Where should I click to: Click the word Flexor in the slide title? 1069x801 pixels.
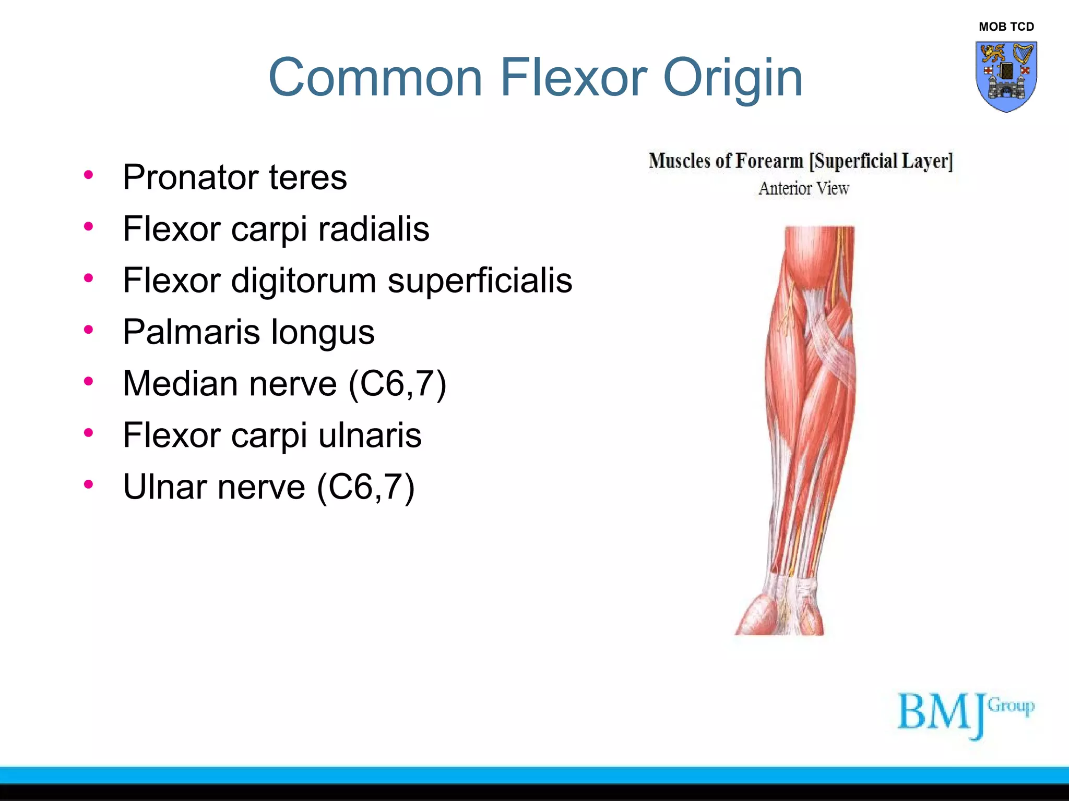574,78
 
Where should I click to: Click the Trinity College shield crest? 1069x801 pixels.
1006,76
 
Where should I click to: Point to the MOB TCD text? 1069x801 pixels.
1006,27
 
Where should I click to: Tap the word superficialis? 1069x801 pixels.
480,281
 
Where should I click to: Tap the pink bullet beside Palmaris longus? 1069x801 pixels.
88,330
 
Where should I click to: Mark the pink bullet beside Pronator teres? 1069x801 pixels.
88,175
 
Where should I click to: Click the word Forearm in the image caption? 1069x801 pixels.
769,161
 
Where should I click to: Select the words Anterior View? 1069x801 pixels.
804,188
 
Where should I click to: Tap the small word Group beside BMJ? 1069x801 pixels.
1011,706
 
